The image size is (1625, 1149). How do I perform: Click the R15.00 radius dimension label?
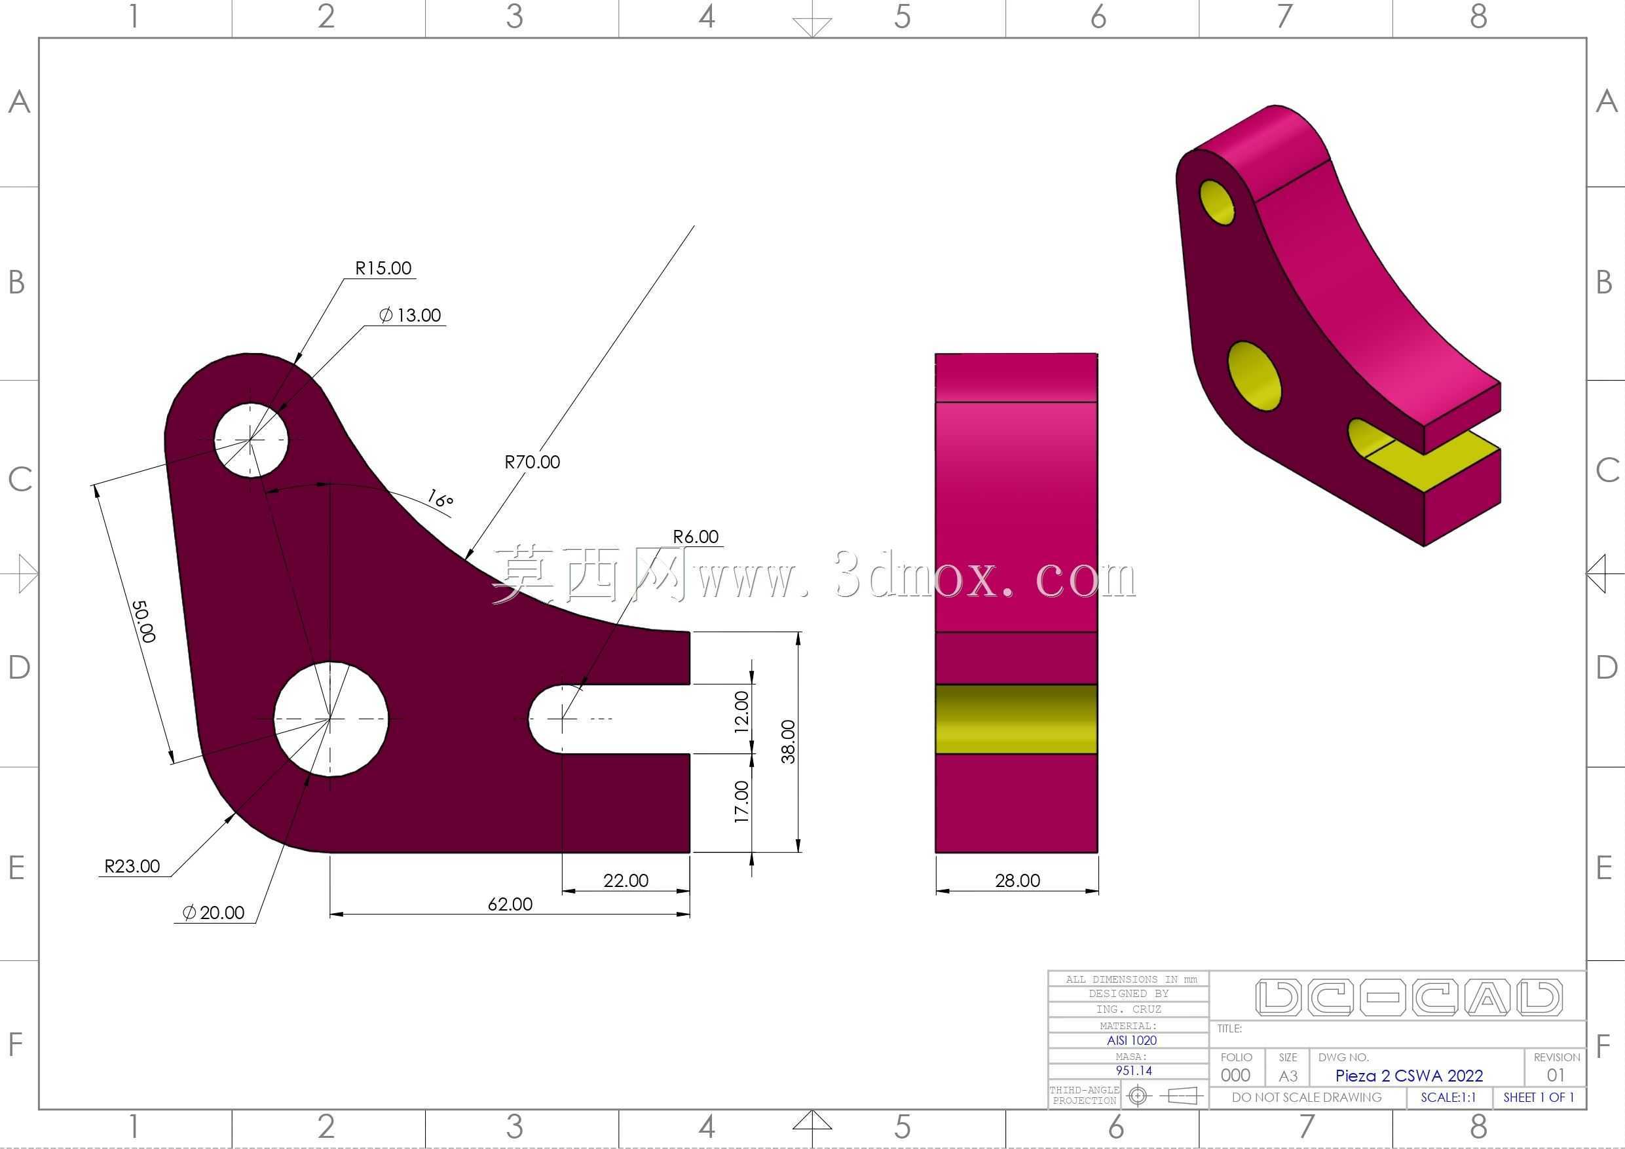pos(383,269)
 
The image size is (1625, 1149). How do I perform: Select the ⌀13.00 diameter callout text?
pos(410,316)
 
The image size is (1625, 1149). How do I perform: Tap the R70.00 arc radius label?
pos(532,462)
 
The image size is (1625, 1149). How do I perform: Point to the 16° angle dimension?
pos(439,499)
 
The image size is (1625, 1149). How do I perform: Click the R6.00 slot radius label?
pos(696,537)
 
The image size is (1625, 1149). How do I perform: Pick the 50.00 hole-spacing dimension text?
pos(143,622)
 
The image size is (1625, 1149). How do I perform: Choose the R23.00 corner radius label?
pos(132,866)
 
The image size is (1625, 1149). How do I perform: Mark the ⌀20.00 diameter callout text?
pos(213,913)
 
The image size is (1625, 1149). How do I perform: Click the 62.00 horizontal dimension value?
pos(510,904)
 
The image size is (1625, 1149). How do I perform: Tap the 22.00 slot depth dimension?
pos(626,880)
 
